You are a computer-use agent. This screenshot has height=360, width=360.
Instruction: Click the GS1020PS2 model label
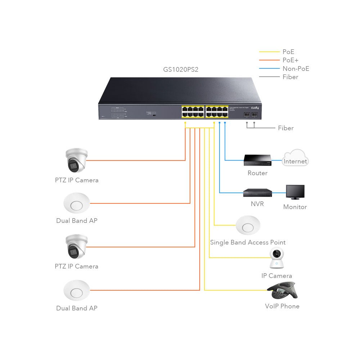point(181,70)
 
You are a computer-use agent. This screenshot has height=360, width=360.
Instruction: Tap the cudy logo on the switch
point(255,108)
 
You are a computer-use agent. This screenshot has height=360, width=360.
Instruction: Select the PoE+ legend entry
point(291,60)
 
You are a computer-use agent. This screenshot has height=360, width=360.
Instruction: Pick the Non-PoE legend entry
point(296,69)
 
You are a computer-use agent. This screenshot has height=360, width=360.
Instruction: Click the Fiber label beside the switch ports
point(285,128)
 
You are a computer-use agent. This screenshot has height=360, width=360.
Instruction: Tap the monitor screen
point(295,192)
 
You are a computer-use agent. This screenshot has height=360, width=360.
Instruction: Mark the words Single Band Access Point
point(248,243)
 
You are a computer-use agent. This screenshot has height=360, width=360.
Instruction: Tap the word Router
point(257,173)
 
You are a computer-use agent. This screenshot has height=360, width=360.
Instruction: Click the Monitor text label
point(295,207)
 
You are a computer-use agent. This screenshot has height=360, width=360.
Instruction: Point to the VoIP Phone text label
point(282,306)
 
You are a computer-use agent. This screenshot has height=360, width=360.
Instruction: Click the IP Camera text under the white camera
point(276,276)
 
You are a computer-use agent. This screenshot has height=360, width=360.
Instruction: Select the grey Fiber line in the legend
point(269,77)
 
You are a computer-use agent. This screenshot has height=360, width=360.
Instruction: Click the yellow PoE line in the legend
point(269,52)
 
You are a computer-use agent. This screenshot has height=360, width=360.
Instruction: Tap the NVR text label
point(257,204)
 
